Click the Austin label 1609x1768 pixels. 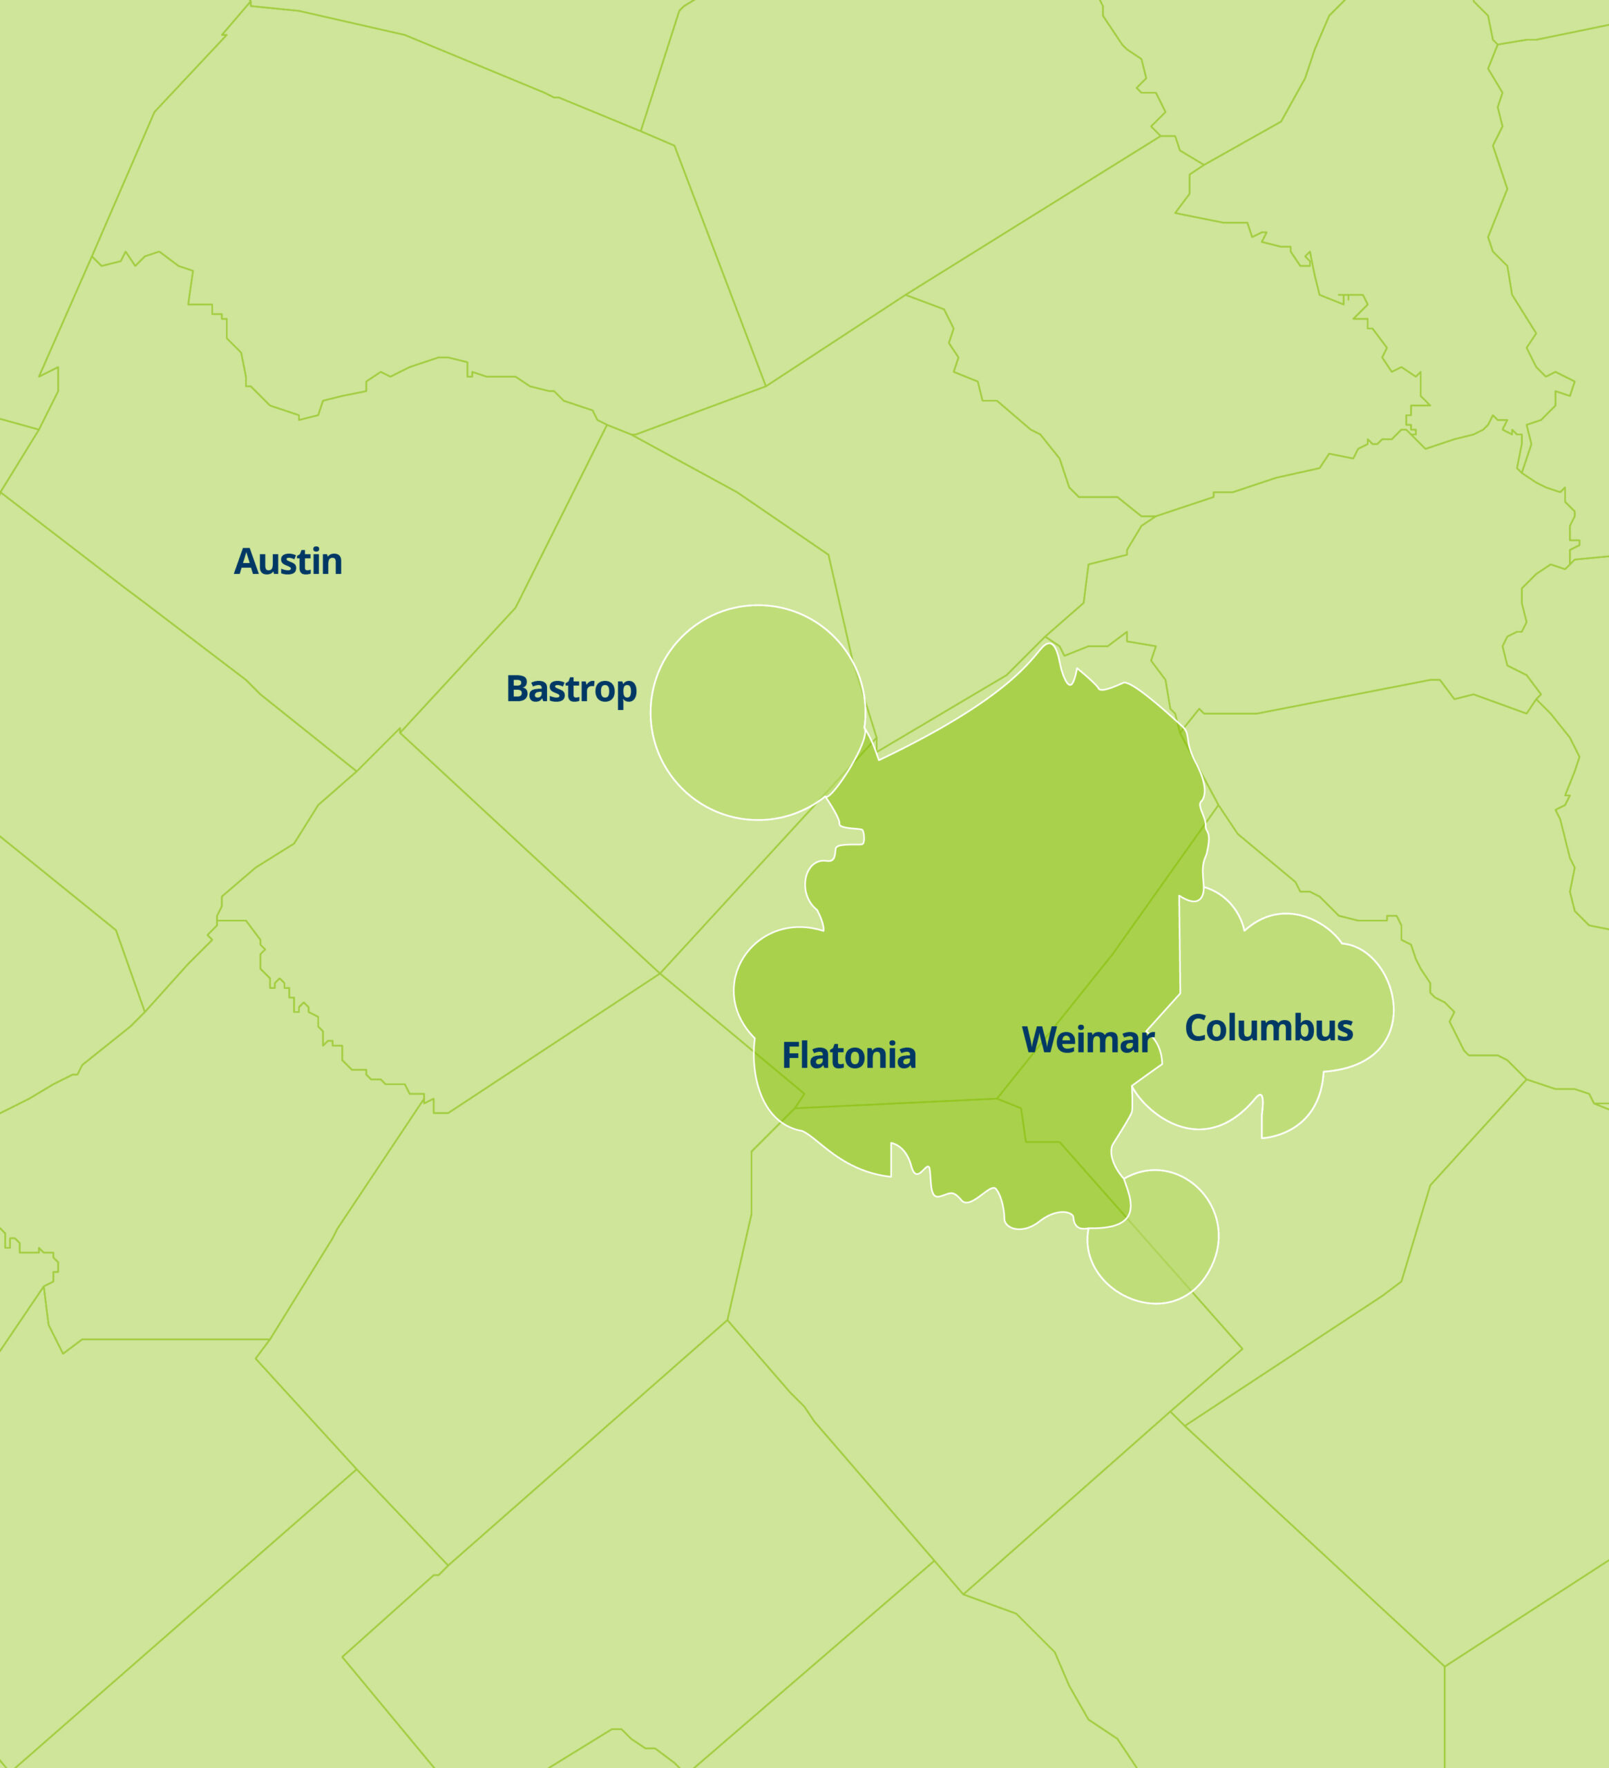(288, 562)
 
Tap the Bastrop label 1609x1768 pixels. (571, 689)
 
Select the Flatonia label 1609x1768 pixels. (848, 1056)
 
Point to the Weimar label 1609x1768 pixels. (1087, 1040)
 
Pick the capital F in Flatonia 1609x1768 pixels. (790, 1056)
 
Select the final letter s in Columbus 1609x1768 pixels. (1345, 1030)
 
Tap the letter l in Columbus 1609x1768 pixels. (1238, 1026)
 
